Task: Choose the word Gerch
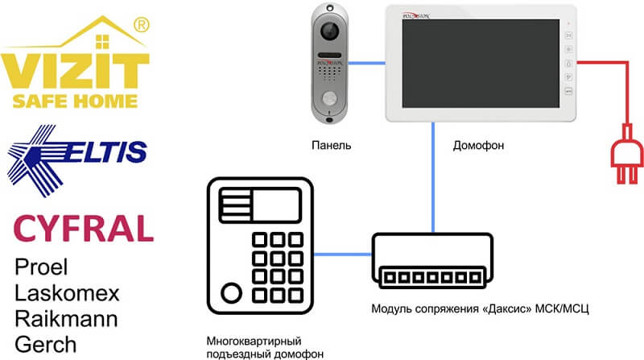pos(47,342)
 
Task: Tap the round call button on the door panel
pos(330,101)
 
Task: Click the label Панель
pos(330,145)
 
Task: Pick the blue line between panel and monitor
pos(368,60)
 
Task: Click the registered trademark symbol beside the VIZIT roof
pos(139,26)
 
